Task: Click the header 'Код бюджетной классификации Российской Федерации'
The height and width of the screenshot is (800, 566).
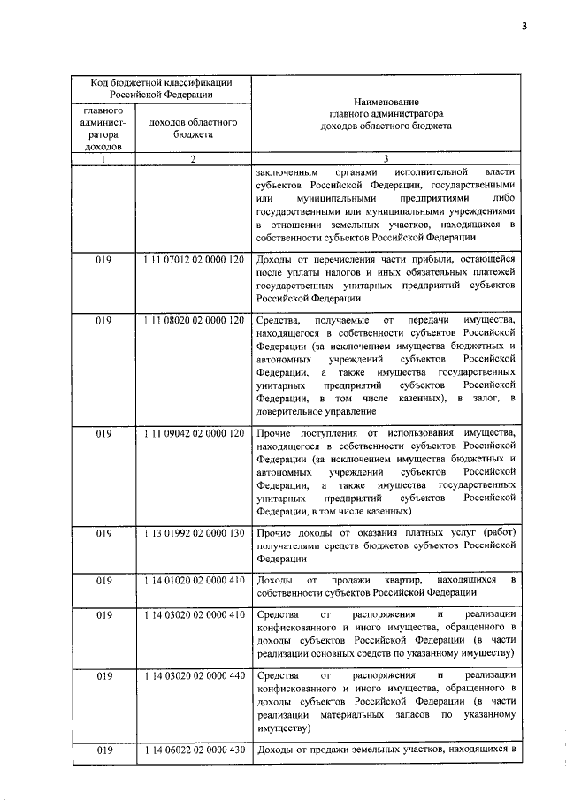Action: tap(161, 88)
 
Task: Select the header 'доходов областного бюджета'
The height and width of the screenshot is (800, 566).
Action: tap(192, 129)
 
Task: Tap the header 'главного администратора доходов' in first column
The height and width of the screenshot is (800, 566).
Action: tap(103, 129)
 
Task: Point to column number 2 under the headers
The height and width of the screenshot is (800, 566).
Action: tap(192, 159)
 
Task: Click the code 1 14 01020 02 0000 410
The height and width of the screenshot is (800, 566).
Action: tap(192, 580)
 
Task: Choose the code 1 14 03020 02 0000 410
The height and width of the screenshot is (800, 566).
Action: tap(192, 615)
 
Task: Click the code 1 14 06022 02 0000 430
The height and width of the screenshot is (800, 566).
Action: tap(192, 750)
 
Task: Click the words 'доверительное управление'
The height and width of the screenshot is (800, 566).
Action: tap(310, 411)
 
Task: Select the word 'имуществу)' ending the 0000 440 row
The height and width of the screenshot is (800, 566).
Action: tap(284, 729)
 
